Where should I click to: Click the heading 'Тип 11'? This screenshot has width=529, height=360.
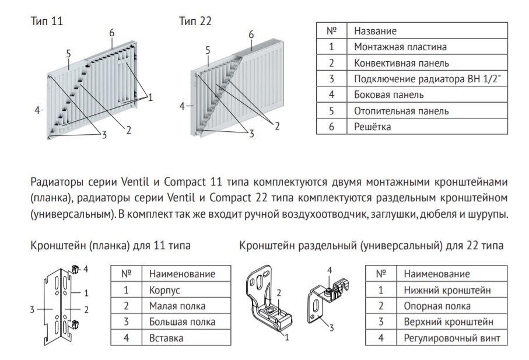(x=46, y=21)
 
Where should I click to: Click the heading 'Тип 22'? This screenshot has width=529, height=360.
(x=195, y=21)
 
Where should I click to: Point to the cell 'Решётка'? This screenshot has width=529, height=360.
(x=372, y=126)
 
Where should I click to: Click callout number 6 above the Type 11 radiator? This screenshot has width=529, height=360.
(x=111, y=33)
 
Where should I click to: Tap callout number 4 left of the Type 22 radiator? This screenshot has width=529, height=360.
(x=183, y=106)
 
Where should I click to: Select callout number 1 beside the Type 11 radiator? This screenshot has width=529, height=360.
(x=150, y=98)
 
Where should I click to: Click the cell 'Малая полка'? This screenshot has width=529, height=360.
(x=177, y=305)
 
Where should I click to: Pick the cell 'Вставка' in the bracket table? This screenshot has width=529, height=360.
(x=166, y=337)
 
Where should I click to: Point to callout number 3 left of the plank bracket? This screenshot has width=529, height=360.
(x=33, y=309)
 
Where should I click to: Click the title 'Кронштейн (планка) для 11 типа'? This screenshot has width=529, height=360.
(x=110, y=246)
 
